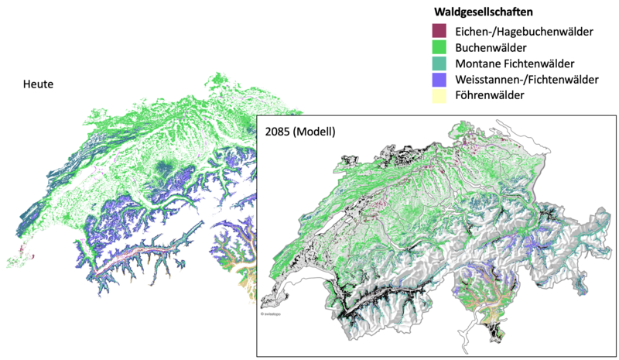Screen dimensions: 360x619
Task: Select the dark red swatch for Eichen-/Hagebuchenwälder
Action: (x=439, y=31)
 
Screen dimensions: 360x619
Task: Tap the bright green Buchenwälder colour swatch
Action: (x=439, y=47)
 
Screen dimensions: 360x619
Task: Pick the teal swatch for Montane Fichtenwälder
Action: (x=439, y=63)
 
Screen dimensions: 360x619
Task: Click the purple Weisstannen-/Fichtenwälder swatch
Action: (x=439, y=79)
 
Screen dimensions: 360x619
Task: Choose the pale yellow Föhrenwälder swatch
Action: (x=439, y=95)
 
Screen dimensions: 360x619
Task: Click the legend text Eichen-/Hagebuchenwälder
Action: (x=524, y=31)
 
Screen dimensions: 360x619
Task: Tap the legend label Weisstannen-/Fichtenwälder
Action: (x=527, y=79)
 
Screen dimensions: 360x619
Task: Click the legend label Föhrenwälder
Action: (x=491, y=95)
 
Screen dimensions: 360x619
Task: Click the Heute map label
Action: (x=38, y=84)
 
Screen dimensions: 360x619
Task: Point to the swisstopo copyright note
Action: (x=268, y=314)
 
